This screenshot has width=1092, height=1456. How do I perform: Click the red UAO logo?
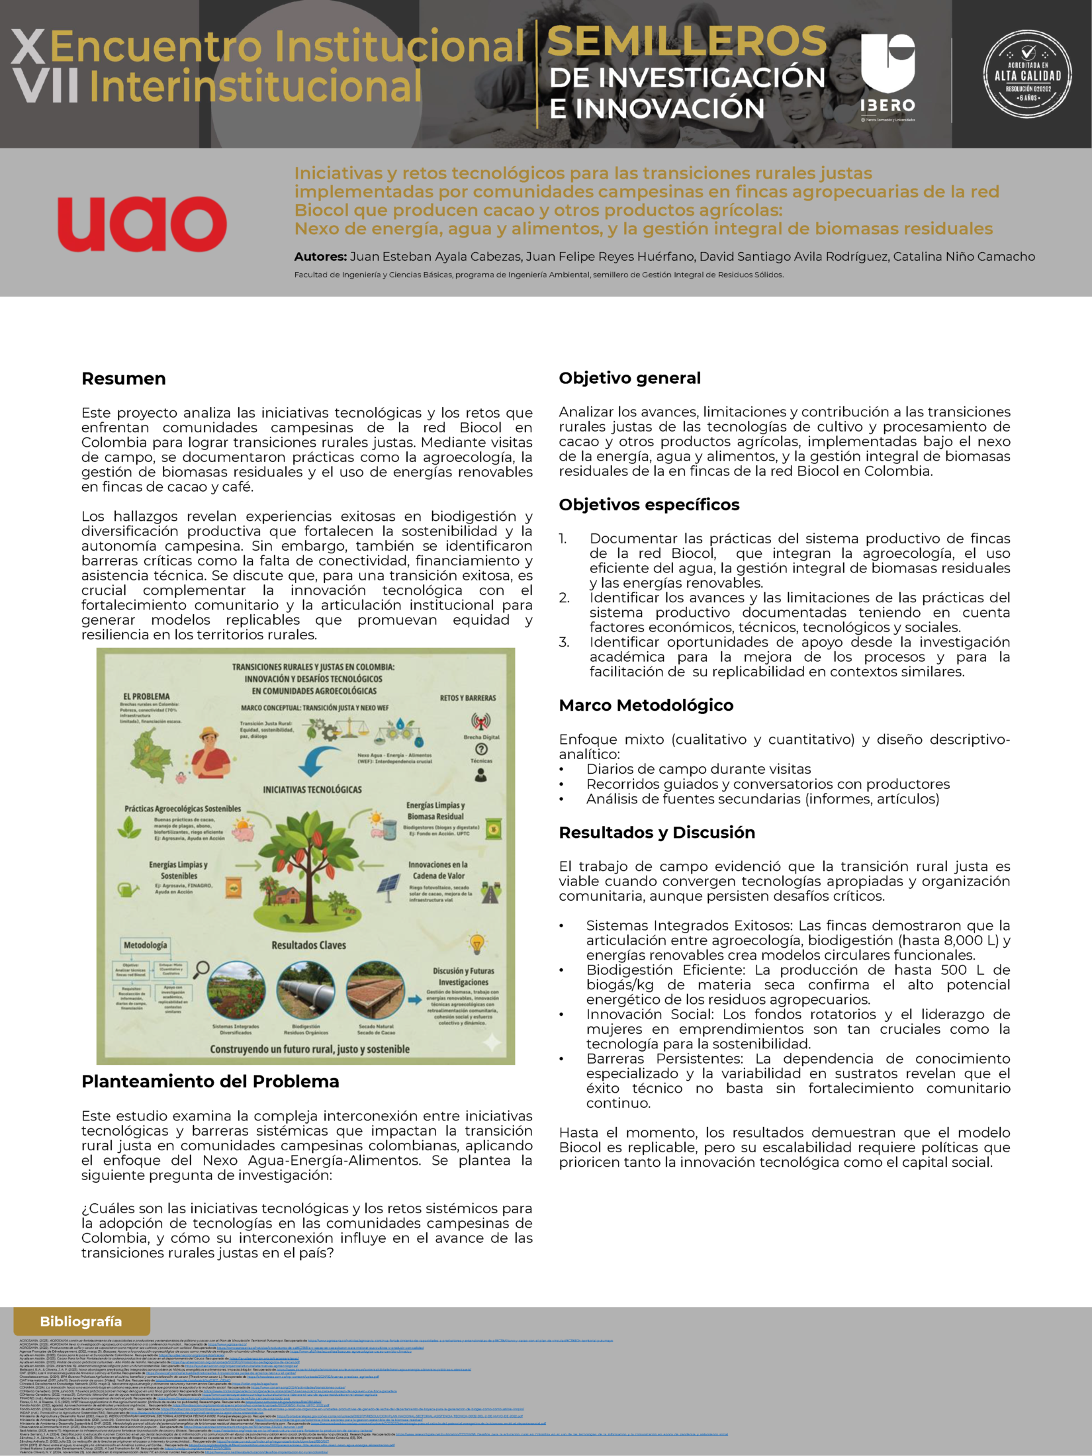click(x=142, y=224)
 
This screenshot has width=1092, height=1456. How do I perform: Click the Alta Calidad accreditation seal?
click(x=1027, y=75)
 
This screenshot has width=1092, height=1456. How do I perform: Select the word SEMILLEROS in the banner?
click(x=686, y=42)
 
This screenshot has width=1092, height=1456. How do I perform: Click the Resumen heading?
click(x=123, y=379)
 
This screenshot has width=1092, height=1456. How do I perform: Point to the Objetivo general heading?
click(x=629, y=378)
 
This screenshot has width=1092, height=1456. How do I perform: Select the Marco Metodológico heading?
click(x=645, y=705)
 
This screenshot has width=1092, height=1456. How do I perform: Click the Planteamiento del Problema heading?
click(x=210, y=1081)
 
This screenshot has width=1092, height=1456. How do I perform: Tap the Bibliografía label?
click(x=81, y=1321)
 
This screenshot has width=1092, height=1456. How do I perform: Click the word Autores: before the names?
click(x=320, y=256)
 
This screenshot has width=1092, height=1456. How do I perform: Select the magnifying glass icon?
click(x=201, y=970)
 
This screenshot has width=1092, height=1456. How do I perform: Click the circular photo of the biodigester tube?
click(x=306, y=990)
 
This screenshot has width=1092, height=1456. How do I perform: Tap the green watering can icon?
click(x=128, y=889)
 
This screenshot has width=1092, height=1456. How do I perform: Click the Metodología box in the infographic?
click(x=146, y=944)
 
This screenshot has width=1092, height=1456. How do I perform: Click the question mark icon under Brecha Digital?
click(x=481, y=749)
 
